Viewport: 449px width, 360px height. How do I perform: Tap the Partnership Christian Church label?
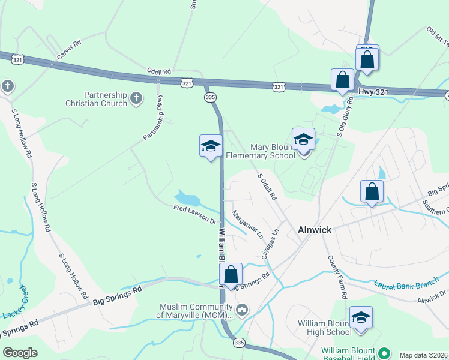[106, 99]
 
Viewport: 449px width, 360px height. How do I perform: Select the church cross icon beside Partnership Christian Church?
[136, 98]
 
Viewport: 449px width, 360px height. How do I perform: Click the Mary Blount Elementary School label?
[273, 151]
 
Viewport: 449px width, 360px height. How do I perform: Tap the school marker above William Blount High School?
[361, 318]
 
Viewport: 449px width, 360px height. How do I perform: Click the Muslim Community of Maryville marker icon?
[242, 310]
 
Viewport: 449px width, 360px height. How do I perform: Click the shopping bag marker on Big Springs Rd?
[231, 275]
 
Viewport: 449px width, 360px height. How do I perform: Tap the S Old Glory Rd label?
[344, 118]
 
